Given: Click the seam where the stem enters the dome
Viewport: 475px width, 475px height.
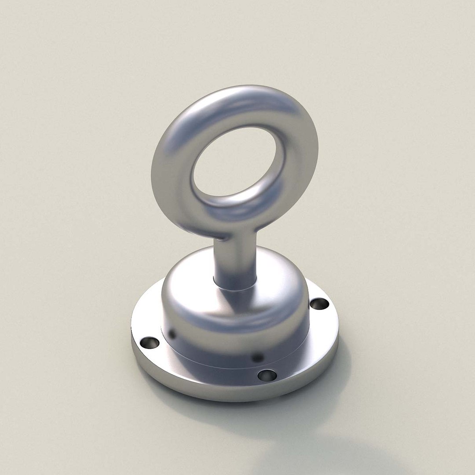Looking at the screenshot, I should click(235, 288).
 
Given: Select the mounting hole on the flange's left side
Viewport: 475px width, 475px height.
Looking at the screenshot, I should click(150, 342).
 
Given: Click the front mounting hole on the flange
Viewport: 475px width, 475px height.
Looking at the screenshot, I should click(267, 375).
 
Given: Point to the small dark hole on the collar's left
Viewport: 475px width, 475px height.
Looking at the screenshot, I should click(172, 334).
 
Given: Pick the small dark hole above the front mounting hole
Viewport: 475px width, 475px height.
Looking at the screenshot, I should click(258, 358).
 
